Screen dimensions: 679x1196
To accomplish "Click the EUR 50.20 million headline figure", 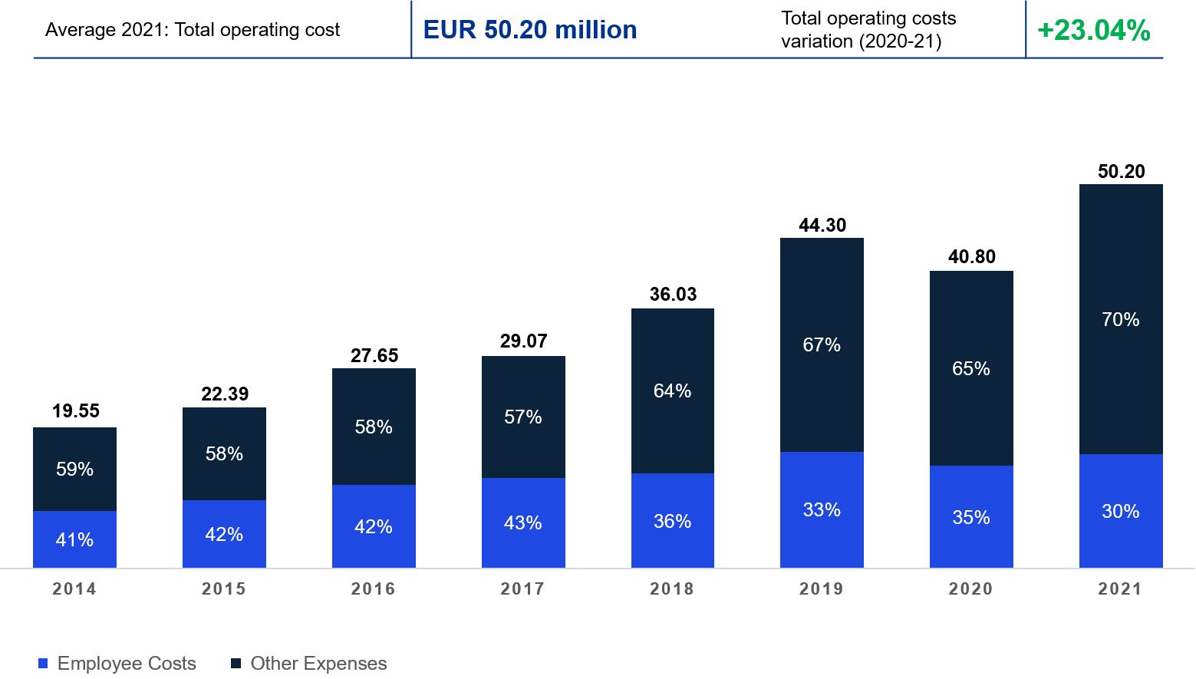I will pyautogui.click(x=530, y=30).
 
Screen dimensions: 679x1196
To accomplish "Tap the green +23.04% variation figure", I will pyautogui.click(x=1093, y=31).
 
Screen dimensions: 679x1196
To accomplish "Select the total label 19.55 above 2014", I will pyautogui.click(x=76, y=411).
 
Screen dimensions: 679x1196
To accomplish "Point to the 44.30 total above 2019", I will pyautogui.click(x=822, y=226).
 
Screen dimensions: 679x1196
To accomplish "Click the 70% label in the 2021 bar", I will pyautogui.click(x=1120, y=319).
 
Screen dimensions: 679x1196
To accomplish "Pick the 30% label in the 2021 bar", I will pyautogui.click(x=1120, y=511).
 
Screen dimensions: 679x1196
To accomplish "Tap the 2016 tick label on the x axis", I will pyautogui.click(x=374, y=589).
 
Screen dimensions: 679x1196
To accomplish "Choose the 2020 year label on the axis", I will pyautogui.click(x=971, y=589).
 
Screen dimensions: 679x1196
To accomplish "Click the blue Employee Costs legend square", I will pyautogui.click(x=43, y=663).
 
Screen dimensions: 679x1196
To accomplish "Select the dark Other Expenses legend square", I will pyautogui.click(x=236, y=663).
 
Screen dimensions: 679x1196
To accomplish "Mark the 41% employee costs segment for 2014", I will pyautogui.click(x=74, y=539).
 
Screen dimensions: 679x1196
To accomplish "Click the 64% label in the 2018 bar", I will pyautogui.click(x=672, y=391).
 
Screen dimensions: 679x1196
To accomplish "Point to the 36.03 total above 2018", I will pyautogui.click(x=673, y=295).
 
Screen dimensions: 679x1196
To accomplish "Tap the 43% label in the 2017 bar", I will pyautogui.click(x=523, y=523).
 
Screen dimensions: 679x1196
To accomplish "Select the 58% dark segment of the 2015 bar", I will pyautogui.click(x=224, y=454).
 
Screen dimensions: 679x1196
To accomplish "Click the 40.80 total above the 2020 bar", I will pyautogui.click(x=971, y=257).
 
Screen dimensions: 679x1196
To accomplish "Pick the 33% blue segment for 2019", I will pyautogui.click(x=822, y=510).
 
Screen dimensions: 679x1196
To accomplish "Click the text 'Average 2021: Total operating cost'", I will pyautogui.click(x=193, y=30).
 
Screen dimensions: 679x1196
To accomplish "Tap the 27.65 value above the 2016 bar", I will pyautogui.click(x=374, y=356).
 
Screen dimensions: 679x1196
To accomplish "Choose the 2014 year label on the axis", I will pyautogui.click(x=74, y=589).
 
